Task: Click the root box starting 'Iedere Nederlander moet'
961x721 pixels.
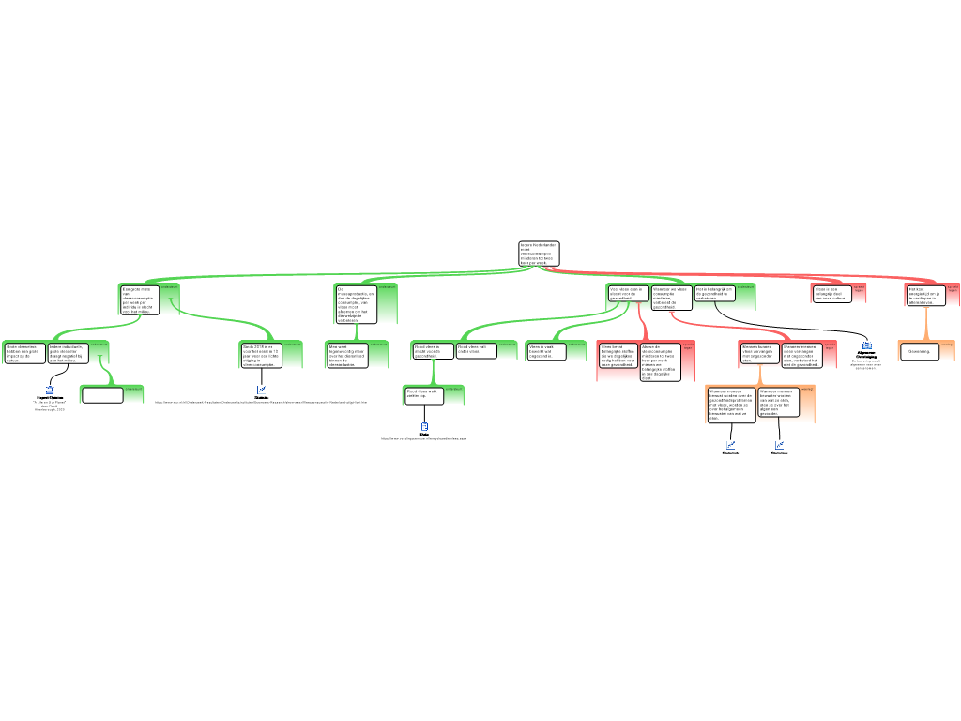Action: click(x=539, y=253)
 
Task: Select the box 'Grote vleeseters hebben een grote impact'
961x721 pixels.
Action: click(x=25, y=353)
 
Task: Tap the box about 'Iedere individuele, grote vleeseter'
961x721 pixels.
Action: click(x=69, y=353)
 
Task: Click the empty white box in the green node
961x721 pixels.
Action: click(x=102, y=395)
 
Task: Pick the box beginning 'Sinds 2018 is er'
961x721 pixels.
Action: click(x=261, y=355)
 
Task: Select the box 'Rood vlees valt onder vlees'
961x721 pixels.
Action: click(x=477, y=350)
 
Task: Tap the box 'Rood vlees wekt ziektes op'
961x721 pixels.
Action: click(x=423, y=394)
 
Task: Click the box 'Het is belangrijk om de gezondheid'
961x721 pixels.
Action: click(x=714, y=294)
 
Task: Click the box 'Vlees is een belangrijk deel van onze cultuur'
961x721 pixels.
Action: click(x=831, y=294)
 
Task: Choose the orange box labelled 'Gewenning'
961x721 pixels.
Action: click(x=919, y=351)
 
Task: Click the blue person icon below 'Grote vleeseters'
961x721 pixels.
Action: click(x=50, y=390)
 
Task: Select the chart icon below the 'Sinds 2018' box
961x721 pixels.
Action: click(x=261, y=390)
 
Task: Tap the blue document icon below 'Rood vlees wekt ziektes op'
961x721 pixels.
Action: click(x=424, y=427)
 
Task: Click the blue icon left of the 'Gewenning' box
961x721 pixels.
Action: click(x=867, y=345)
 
